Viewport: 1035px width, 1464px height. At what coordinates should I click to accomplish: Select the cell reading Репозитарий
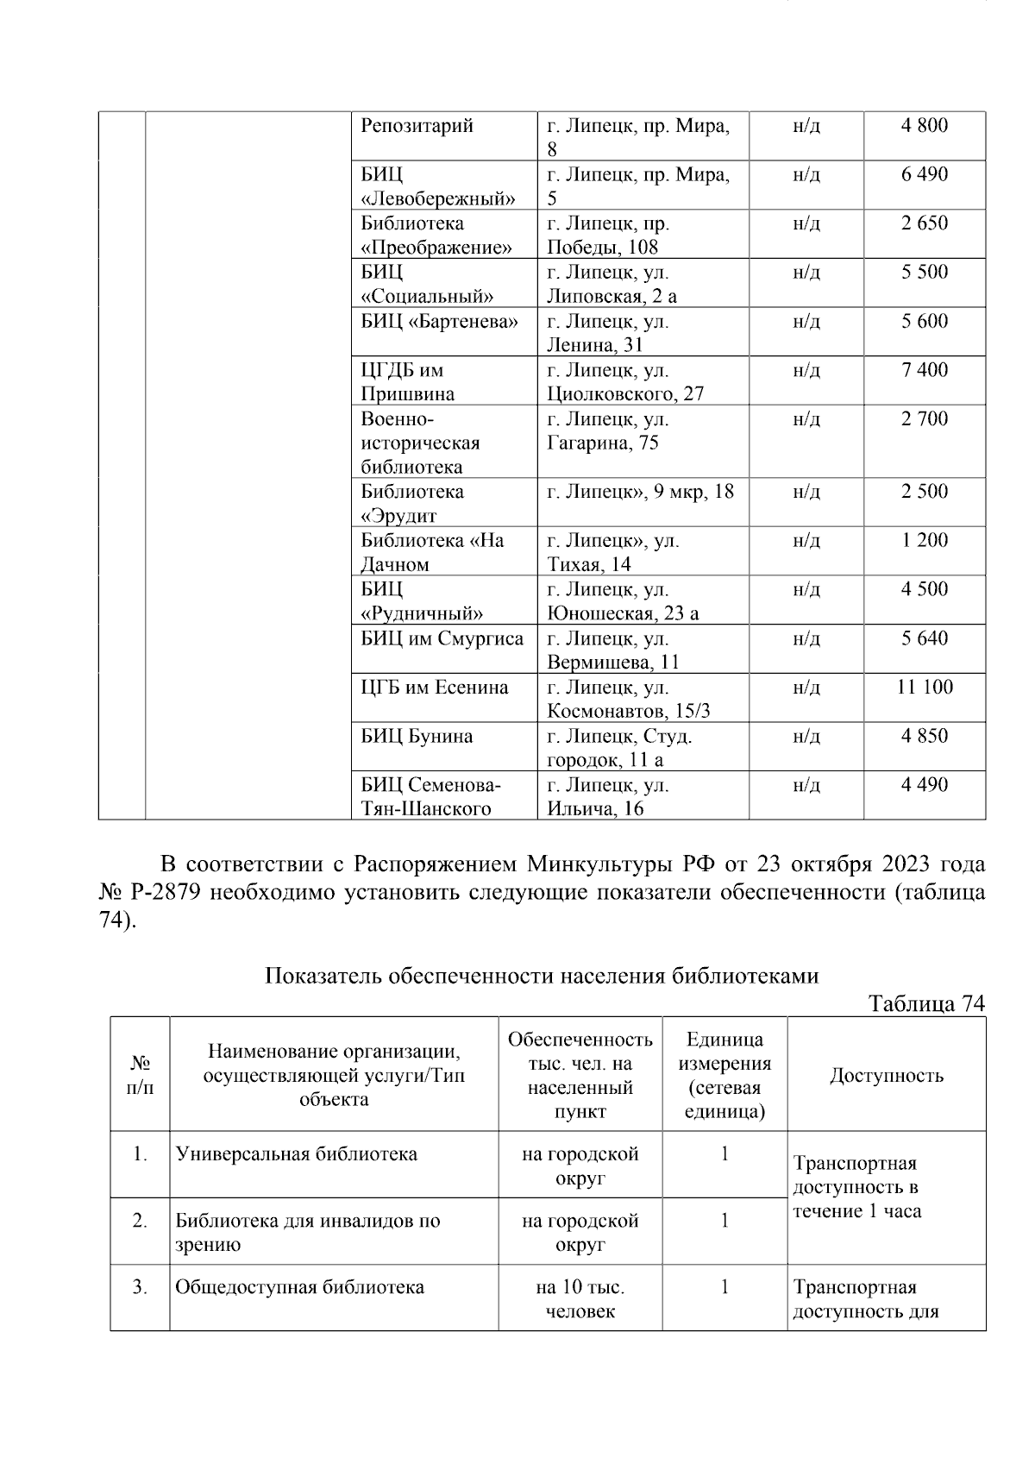tap(417, 126)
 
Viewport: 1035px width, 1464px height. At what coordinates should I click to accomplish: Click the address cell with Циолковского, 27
tap(625, 382)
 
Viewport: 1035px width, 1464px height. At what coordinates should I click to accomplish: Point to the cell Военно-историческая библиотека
tap(420, 443)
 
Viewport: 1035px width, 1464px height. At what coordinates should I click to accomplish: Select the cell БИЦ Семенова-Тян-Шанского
tap(430, 797)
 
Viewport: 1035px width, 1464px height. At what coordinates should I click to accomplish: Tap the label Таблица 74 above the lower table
tap(925, 1003)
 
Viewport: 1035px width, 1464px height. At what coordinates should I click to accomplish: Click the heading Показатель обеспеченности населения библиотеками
tap(541, 976)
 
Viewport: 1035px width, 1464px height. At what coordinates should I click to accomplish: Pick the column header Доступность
tap(886, 1075)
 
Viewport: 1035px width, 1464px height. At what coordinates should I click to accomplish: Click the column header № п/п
tap(140, 1075)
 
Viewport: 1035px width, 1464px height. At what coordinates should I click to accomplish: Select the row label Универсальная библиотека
tap(297, 1154)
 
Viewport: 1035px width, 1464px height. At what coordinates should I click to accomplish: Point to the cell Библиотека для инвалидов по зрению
tap(307, 1232)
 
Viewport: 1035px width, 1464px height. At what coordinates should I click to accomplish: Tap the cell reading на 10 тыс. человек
tap(580, 1299)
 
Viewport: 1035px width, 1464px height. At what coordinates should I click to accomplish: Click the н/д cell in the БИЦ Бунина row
tap(806, 737)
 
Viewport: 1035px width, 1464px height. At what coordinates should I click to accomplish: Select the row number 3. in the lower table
tap(140, 1287)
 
